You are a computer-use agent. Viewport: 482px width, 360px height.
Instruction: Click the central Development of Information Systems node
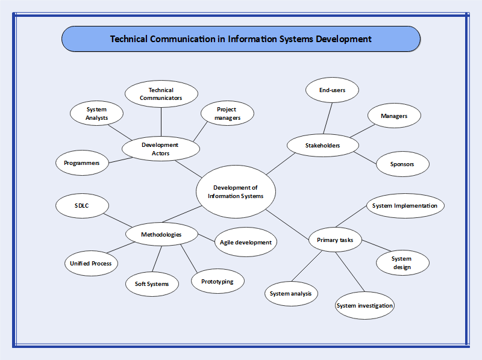(x=235, y=192)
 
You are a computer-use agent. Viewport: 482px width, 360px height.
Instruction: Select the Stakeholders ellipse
(x=322, y=145)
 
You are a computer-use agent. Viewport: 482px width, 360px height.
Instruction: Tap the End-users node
(x=331, y=90)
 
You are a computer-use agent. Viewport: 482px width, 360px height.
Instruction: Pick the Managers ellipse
(x=394, y=116)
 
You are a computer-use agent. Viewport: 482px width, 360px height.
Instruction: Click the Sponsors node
(x=402, y=164)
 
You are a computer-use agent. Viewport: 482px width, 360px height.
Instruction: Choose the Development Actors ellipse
(x=160, y=149)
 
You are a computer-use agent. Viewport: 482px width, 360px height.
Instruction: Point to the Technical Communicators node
(x=161, y=94)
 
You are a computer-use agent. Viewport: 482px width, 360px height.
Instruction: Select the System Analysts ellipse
(x=96, y=113)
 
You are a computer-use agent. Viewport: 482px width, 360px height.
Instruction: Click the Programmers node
(x=82, y=163)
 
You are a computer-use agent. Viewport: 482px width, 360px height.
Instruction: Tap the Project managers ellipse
(x=227, y=113)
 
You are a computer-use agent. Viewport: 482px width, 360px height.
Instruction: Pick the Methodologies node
(x=161, y=234)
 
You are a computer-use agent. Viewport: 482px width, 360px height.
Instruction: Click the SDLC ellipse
(x=81, y=206)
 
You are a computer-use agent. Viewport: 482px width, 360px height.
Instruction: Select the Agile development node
(x=246, y=242)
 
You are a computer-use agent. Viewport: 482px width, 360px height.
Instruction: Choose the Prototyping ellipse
(x=217, y=281)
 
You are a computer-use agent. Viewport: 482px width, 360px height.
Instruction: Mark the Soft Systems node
(x=152, y=284)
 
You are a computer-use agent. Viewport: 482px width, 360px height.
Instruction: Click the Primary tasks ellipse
(x=335, y=240)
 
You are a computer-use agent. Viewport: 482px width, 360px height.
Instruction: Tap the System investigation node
(x=365, y=305)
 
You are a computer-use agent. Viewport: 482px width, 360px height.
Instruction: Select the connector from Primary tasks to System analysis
(x=307, y=267)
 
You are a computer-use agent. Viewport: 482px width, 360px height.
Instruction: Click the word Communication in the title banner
(x=183, y=39)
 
